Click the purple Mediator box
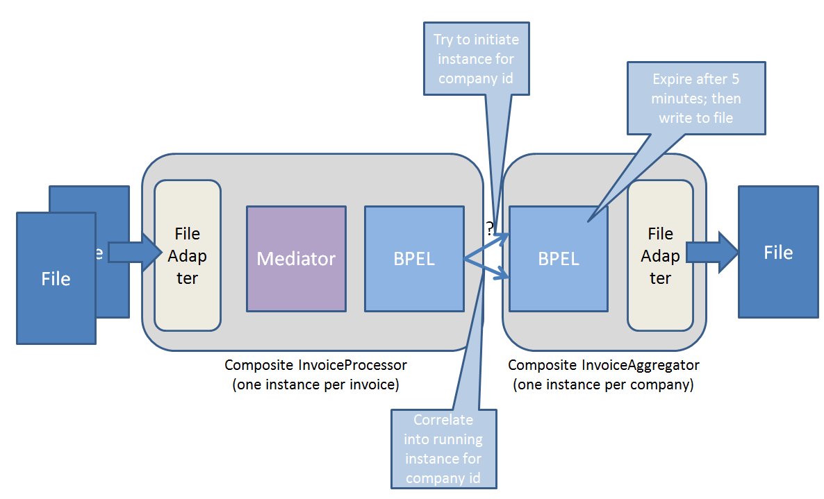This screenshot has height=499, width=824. [296, 258]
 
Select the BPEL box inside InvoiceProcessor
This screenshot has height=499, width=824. [414, 258]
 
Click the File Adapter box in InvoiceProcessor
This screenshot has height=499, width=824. [188, 255]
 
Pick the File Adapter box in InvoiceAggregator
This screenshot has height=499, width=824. [660, 255]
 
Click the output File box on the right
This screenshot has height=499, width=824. [777, 252]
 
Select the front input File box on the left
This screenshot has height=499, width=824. [56, 278]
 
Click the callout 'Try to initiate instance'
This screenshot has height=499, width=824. [476, 58]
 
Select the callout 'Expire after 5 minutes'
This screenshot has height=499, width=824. [696, 98]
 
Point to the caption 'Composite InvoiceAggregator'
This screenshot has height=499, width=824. [604, 364]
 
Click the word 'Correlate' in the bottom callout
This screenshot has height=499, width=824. [443, 419]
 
